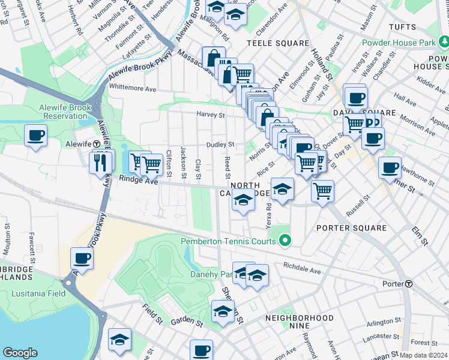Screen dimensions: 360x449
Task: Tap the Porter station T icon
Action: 408,284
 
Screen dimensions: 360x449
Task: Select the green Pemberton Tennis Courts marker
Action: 285,241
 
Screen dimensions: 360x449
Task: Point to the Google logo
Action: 20,353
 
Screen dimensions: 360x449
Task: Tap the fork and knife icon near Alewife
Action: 100,162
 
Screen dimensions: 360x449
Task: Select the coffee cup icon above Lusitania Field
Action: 82,259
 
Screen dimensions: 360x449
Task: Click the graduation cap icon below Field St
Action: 119,340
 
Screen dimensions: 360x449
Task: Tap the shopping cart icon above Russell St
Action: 323,191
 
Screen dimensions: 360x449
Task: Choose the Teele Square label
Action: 277,44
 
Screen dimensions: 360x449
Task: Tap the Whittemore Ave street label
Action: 133,88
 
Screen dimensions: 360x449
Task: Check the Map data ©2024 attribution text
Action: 423,355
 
